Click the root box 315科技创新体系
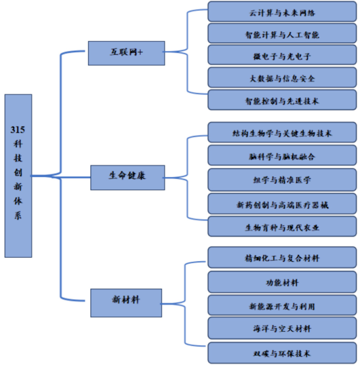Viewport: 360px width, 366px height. click(x=18, y=176)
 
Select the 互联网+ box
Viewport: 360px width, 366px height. click(x=126, y=53)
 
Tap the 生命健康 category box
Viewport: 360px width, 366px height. click(x=127, y=177)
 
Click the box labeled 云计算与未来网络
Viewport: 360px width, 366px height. click(x=282, y=12)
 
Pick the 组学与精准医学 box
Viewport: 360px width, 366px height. click(x=282, y=179)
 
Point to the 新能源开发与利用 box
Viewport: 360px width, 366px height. click(x=282, y=305)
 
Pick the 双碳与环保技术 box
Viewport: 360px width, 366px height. click(x=282, y=353)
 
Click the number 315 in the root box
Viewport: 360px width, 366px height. click(x=18, y=130)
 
